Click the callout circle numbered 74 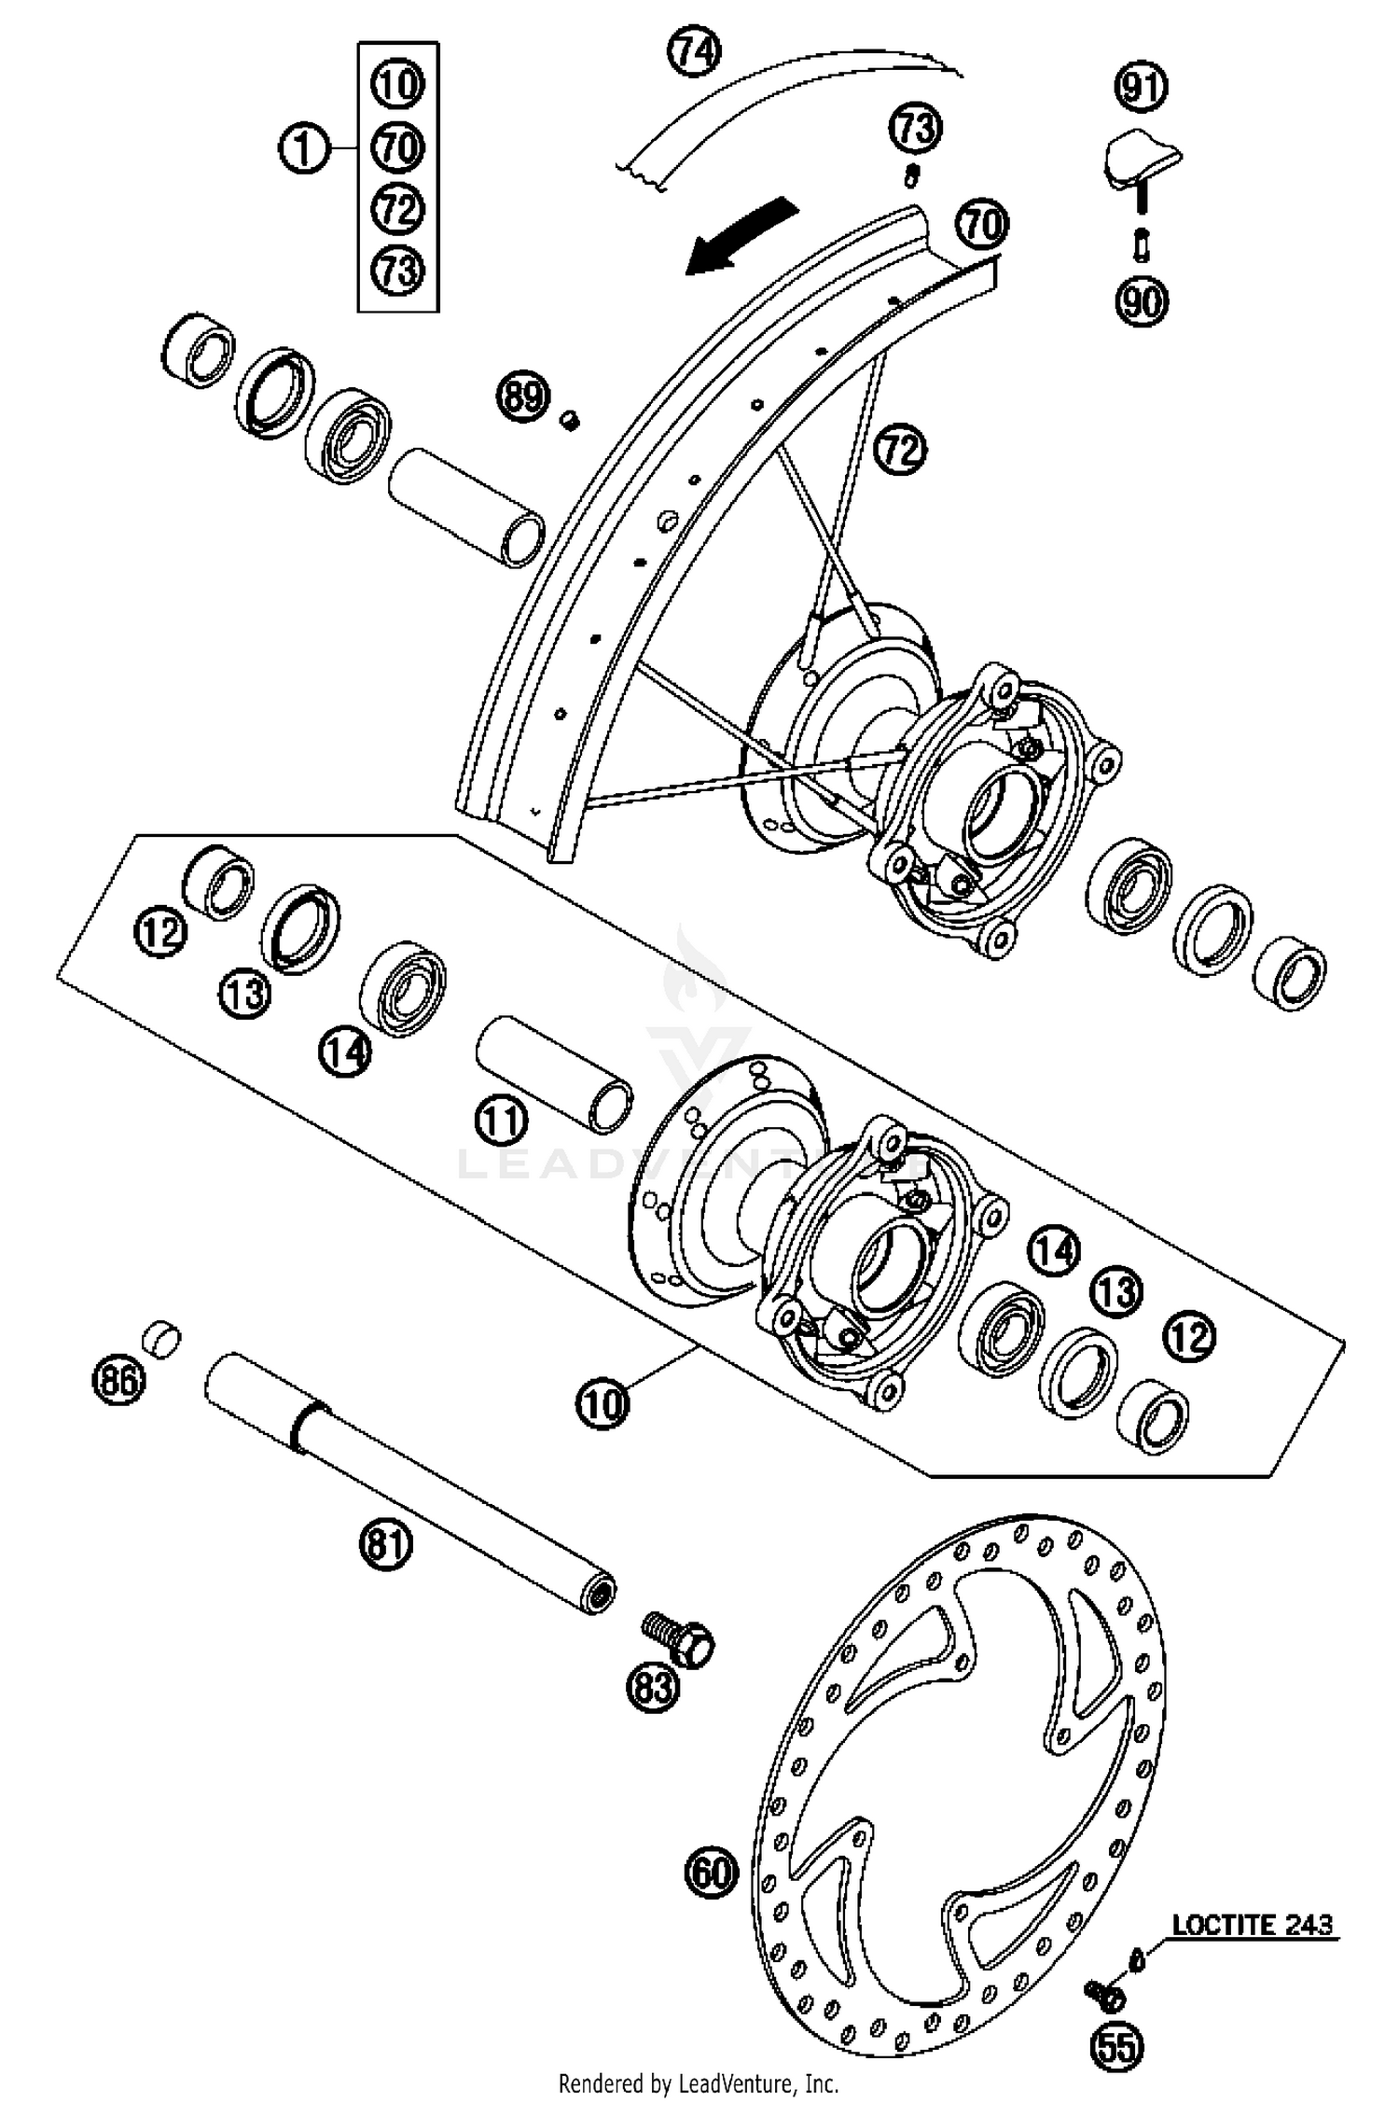coord(695,52)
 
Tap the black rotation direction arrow coord(741,237)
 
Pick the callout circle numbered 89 coord(522,397)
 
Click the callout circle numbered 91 coord(1142,87)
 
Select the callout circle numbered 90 coord(1142,301)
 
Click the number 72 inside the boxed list coord(398,208)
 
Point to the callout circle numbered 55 coord(1117,2047)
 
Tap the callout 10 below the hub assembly coord(603,1401)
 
